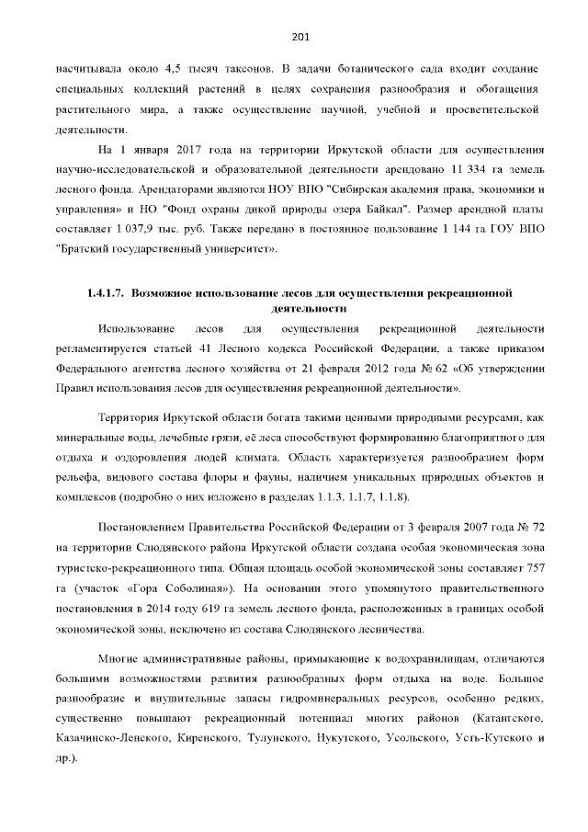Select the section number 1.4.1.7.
click(x=105, y=293)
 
